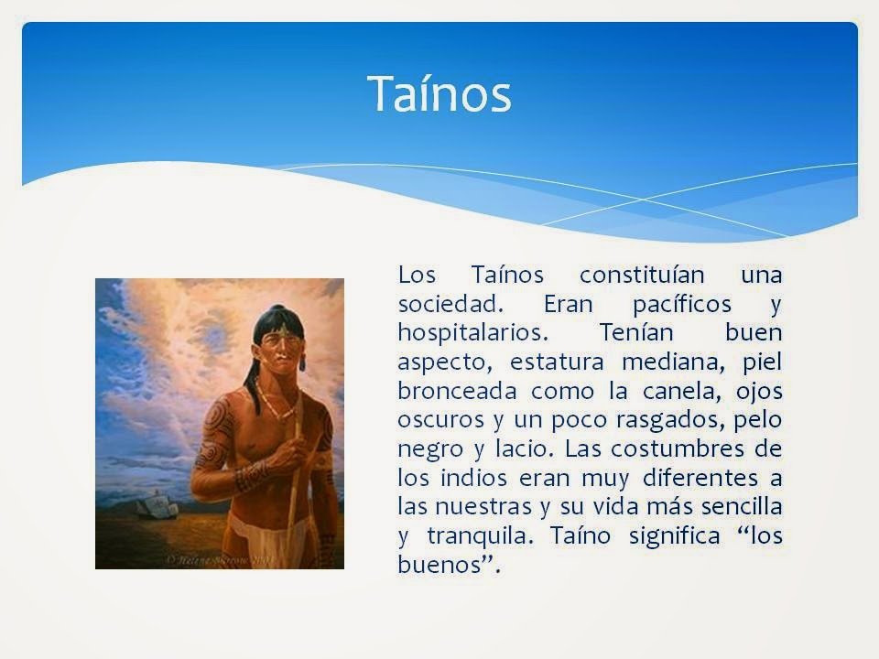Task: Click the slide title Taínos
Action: [x=439, y=93]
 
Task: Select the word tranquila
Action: [x=484, y=535]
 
